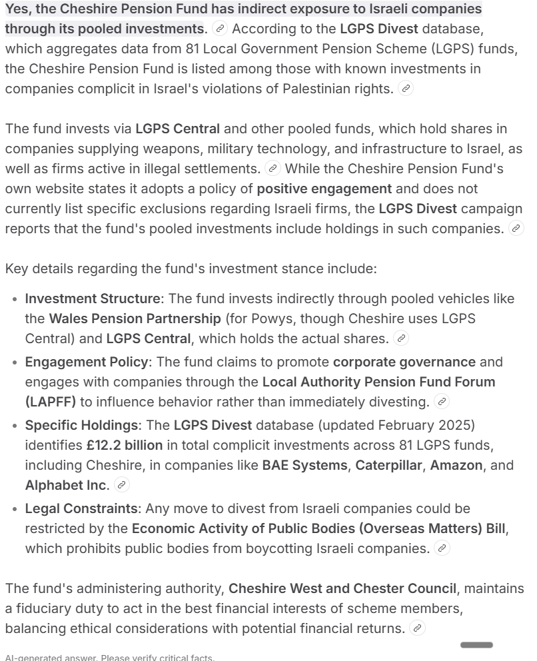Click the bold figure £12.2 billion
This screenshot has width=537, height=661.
pyautogui.click(x=124, y=445)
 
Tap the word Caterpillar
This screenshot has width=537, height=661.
pyautogui.click(x=389, y=465)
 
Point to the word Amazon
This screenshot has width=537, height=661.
pyautogui.click(x=456, y=465)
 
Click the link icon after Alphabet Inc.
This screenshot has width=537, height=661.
pyautogui.click(x=121, y=485)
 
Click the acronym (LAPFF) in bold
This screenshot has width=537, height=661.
pyautogui.click(x=51, y=402)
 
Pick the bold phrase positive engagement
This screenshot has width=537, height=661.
pyautogui.click(x=324, y=189)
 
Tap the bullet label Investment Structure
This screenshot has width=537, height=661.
pyautogui.click(x=93, y=299)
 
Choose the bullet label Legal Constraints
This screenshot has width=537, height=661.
pyautogui.click(x=81, y=508)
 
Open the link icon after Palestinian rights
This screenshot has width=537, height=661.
pyautogui.click(x=405, y=89)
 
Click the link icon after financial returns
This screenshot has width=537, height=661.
pyautogui.click(x=417, y=628)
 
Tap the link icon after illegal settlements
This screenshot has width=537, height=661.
pyautogui.click(x=272, y=169)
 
